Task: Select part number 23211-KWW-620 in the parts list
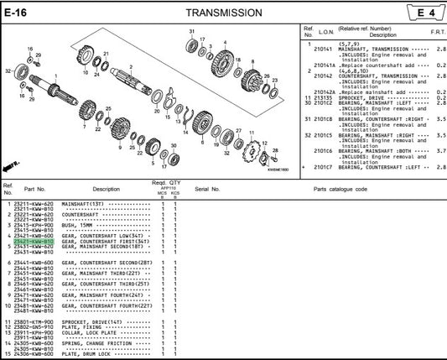tap(34, 204)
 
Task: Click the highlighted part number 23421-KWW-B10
tap(34, 242)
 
